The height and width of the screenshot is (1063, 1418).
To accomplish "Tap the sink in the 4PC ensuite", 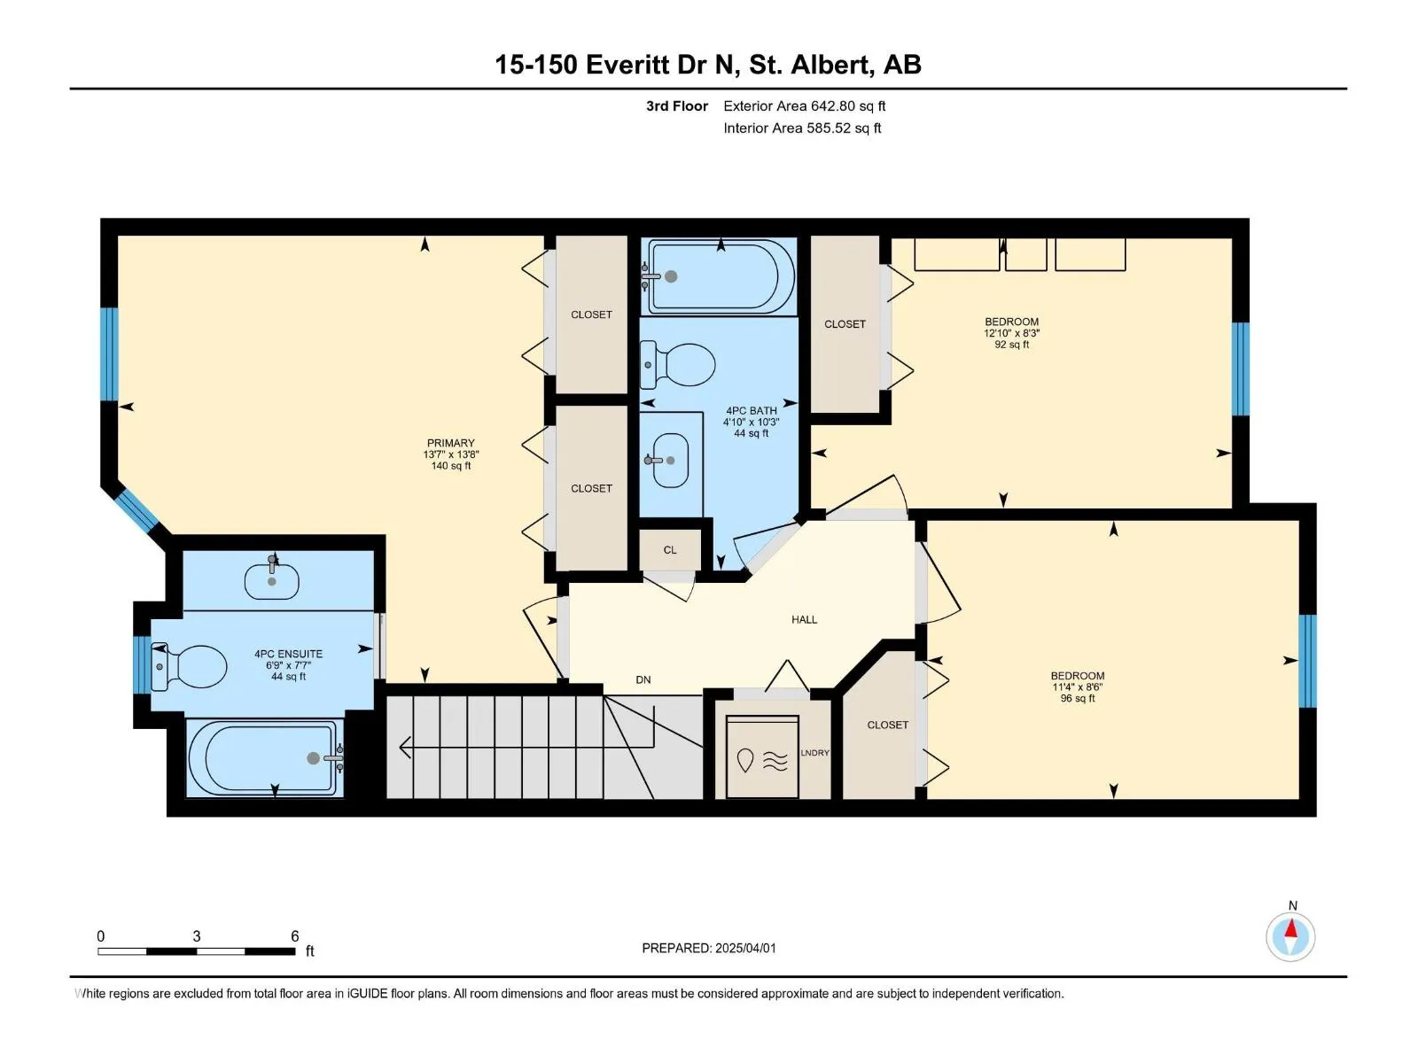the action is point(271,579).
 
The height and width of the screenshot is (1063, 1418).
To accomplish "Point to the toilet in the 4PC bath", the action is point(677,364).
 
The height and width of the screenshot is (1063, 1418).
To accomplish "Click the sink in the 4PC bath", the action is point(669,460).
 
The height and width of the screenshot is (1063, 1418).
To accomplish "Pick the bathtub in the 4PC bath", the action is point(721,276).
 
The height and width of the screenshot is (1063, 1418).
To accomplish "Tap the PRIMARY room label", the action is point(451,443).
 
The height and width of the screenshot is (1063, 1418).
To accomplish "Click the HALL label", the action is point(805,619).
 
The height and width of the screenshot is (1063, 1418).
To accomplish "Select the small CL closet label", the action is point(670,550).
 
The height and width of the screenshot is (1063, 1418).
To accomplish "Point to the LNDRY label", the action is point(814,753).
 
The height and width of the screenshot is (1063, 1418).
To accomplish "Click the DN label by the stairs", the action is point(643,679).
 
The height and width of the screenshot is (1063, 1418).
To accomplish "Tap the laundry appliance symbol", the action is point(762,757).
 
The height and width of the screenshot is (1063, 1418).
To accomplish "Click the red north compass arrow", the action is point(1290,928).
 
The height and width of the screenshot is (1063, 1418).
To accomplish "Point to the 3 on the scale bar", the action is point(197,935).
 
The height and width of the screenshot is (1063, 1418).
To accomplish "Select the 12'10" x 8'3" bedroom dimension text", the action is point(1012,334).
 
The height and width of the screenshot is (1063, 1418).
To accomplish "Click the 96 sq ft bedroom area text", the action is point(1078,698).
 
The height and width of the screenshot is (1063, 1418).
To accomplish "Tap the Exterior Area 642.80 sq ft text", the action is point(805,105).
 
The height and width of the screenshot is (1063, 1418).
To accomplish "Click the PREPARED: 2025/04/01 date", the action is point(709,948).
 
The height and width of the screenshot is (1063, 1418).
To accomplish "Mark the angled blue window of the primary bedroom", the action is point(136,510).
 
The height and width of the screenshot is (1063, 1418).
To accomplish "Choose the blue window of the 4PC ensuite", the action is point(142,664).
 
